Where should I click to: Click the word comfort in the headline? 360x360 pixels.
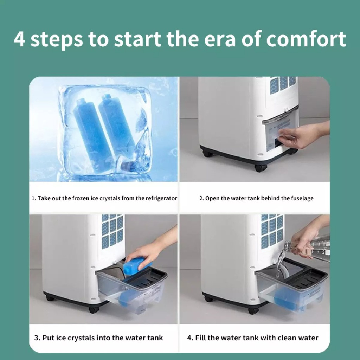pyautogui.click(x=306, y=39)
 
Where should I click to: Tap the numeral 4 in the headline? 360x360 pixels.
pyautogui.click(x=19, y=39)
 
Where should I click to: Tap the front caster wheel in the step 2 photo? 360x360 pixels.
pyautogui.click(x=261, y=168)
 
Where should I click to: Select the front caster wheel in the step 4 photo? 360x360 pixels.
pyautogui.click(x=253, y=310)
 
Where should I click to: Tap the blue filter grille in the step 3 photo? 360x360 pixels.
pyautogui.click(x=112, y=230)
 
